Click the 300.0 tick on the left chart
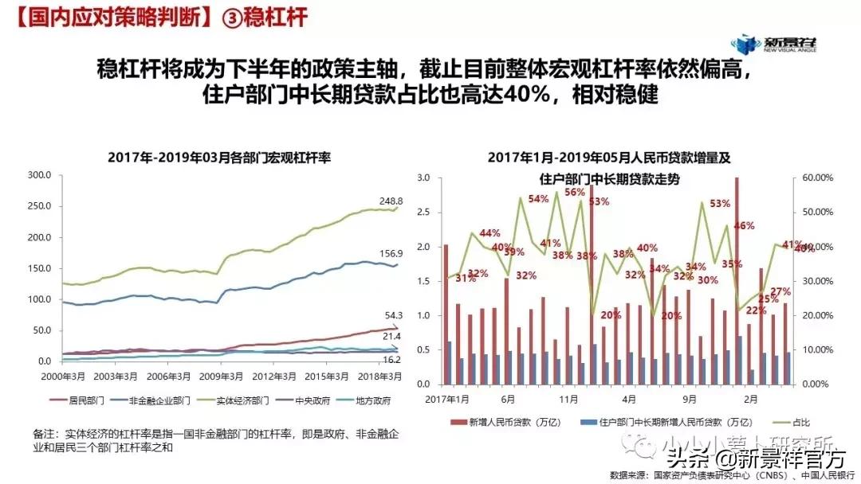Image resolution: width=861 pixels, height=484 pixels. click(x=38, y=175)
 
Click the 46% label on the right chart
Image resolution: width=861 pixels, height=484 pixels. click(x=744, y=225)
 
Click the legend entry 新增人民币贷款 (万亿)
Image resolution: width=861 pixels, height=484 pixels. click(x=517, y=423)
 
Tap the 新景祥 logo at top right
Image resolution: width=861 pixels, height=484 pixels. click(x=777, y=44)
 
